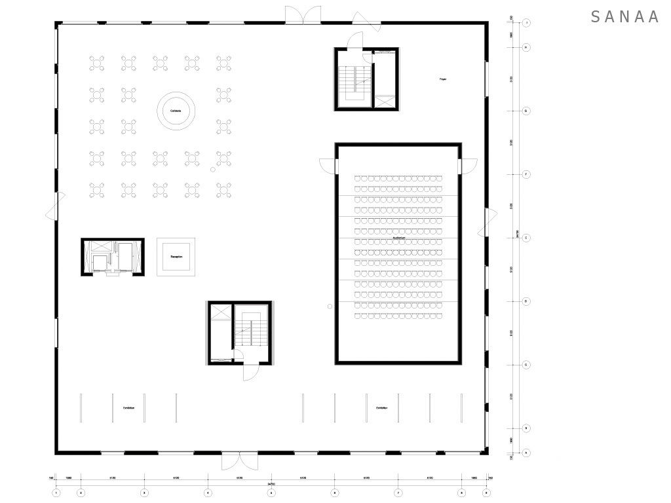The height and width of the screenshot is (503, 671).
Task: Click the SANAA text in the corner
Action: click(x=624, y=17)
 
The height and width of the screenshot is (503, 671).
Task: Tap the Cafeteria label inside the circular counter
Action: click(x=176, y=111)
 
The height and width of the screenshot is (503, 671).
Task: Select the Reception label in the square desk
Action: click(x=176, y=257)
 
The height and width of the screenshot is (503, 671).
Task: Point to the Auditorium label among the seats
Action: click(x=398, y=238)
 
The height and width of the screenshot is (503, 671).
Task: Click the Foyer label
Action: click(x=443, y=79)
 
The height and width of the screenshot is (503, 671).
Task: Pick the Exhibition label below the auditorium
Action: click(x=381, y=408)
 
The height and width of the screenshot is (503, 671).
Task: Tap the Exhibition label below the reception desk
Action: click(x=128, y=408)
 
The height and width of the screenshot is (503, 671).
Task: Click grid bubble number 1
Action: click(x=56, y=493)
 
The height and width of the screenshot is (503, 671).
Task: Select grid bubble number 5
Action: click(x=271, y=493)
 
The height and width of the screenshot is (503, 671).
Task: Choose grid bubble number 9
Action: click(x=486, y=493)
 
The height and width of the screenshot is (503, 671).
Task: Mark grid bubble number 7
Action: click(x=398, y=493)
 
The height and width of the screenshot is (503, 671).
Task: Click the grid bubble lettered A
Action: click(x=526, y=453)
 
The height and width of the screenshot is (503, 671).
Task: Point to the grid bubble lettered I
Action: click(x=526, y=23)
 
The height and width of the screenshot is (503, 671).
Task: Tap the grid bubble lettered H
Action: click(x=526, y=47)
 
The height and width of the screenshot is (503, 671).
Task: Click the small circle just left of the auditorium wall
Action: click(x=330, y=306)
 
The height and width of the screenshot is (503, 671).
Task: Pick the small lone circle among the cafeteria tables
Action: click(x=213, y=170)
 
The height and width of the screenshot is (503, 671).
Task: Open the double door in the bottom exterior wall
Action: click(x=235, y=460)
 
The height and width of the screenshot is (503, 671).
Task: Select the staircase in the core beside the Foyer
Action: click(x=355, y=82)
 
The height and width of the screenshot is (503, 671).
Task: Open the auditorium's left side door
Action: click(x=327, y=166)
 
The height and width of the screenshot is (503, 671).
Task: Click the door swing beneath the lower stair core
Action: click(x=250, y=370)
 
